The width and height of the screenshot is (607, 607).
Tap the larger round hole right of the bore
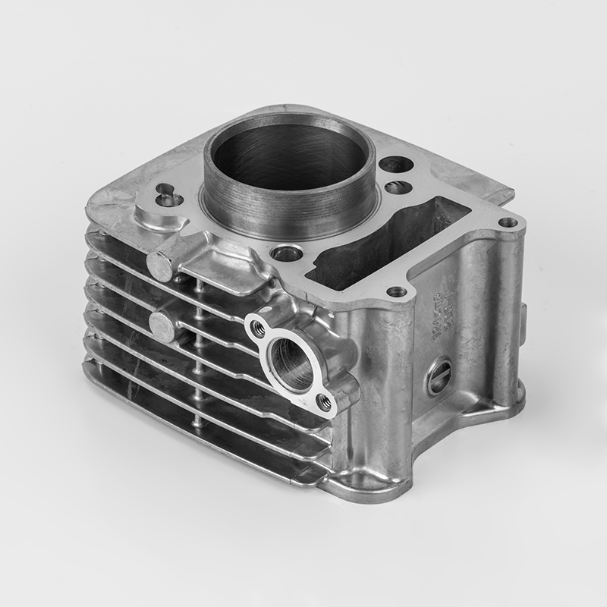[395, 165]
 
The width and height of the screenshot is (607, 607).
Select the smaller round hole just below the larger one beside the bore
[398, 187]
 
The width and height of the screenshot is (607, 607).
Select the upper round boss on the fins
[160, 266]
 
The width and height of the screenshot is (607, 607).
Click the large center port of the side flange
[290, 360]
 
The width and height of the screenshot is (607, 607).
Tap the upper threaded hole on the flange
[258, 327]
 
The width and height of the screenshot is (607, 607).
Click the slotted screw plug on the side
[439, 376]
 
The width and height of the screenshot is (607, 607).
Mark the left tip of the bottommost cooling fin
[88, 369]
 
